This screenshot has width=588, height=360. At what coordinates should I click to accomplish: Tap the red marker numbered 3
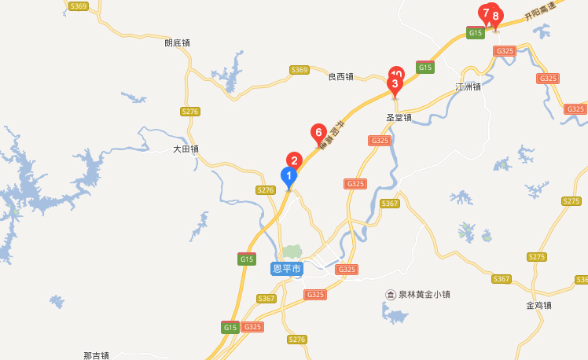pyautogui.click(x=395, y=83)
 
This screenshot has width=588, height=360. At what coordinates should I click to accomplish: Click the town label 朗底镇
pyautogui.click(x=177, y=43)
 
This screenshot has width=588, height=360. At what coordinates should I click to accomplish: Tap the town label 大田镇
pyautogui.click(x=186, y=149)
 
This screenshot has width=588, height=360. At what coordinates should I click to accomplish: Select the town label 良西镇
pyautogui.click(x=340, y=76)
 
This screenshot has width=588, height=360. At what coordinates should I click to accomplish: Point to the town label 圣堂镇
pyautogui.click(x=399, y=118)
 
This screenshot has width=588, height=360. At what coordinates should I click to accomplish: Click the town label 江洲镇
pyautogui.click(x=468, y=86)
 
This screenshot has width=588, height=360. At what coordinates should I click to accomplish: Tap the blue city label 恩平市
pyautogui.click(x=286, y=269)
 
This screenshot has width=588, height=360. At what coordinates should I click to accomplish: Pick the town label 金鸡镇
pyautogui.click(x=539, y=305)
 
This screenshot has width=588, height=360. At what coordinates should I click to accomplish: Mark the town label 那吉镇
pyautogui.click(x=96, y=355)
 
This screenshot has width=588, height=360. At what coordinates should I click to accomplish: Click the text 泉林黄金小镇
pyautogui.click(x=424, y=295)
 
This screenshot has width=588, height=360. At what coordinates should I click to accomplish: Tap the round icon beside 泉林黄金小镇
pyautogui.click(x=390, y=295)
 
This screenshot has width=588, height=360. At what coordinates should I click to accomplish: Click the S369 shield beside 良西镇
pyautogui.click(x=299, y=70)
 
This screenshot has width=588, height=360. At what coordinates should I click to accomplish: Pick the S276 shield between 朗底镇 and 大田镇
pyautogui.click(x=189, y=112)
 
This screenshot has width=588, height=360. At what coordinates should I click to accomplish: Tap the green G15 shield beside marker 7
pyautogui.click(x=476, y=32)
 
